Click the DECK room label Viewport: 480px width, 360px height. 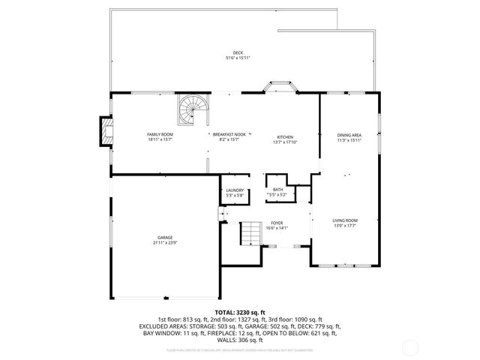click(x=238, y=52)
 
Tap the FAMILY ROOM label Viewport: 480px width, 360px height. click(x=160, y=133)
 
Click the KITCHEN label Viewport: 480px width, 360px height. click(x=285, y=136)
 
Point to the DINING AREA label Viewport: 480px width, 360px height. click(x=349, y=135)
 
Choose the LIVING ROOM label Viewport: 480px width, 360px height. click(x=345, y=220)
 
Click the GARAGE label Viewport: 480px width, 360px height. click(x=165, y=238)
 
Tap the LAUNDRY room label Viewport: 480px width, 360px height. click(x=235, y=190)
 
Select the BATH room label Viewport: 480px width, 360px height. click(x=277, y=190)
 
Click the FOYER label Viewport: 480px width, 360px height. click(x=277, y=223)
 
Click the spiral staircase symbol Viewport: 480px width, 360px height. click(x=192, y=111)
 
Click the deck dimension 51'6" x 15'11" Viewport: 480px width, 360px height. click(x=238, y=58)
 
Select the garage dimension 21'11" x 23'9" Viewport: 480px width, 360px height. click(x=165, y=243)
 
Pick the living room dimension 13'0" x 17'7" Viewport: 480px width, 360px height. click(x=345, y=225)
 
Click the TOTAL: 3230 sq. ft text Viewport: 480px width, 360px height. click(x=240, y=311)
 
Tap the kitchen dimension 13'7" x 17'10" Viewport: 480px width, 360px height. click(x=285, y=142)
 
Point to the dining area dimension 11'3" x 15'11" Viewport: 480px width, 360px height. click(x=349, y=140)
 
